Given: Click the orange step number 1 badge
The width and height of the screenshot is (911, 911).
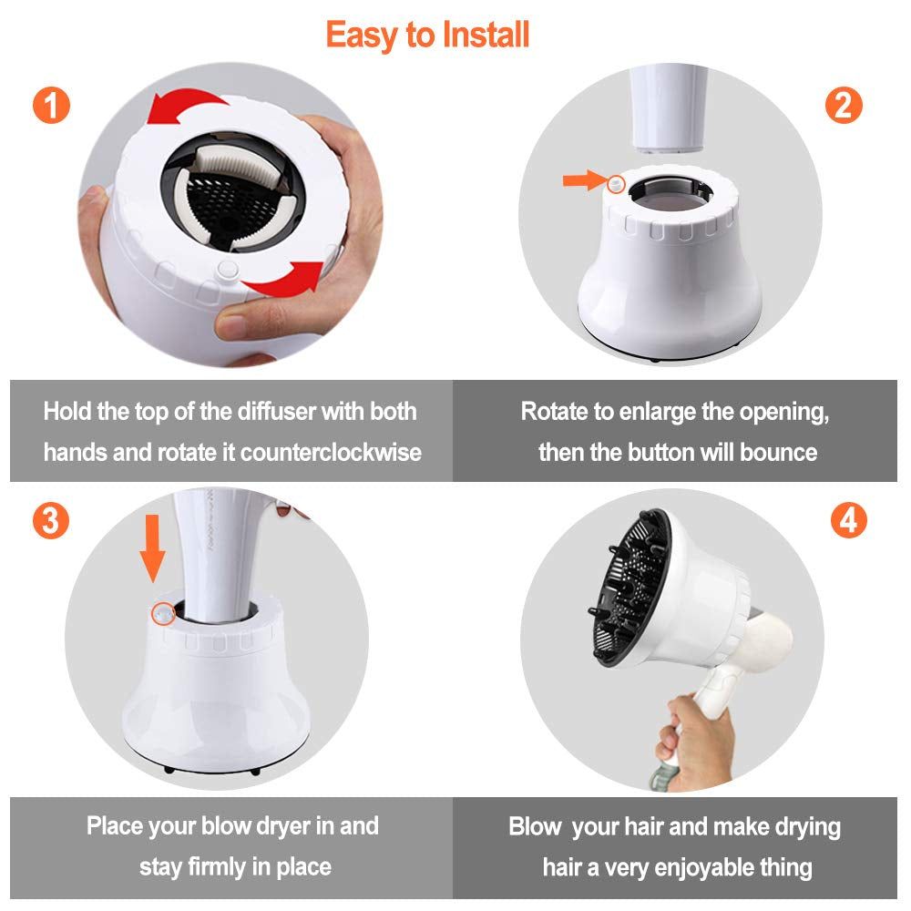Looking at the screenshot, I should [50, 105].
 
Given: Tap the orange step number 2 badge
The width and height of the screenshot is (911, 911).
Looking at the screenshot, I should [843, 105].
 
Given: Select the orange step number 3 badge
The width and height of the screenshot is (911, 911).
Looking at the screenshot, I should [50, 520].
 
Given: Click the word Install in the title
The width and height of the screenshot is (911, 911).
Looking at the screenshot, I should [485, 36].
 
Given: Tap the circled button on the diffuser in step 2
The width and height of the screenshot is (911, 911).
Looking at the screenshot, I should [617, 183].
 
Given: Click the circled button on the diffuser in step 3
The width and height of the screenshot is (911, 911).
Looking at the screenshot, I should [164, 614].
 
